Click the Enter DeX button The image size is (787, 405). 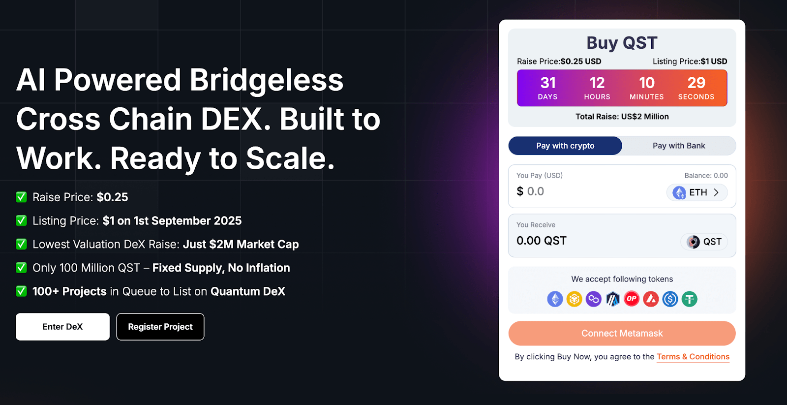coord(62,327)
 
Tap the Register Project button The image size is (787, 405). coord(160,327)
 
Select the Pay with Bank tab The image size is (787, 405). coord(679,146)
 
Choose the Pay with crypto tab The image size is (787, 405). coord(565,146)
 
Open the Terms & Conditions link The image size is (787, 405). coord(693,357)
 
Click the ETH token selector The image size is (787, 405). coord(696,192)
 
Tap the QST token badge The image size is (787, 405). coord(704,242)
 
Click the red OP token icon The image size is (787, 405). coord(632,299)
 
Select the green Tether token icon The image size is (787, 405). coord(689,299)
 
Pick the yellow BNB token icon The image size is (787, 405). coord(574,299)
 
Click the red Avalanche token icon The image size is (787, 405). coord(651,299)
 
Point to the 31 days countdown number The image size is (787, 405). coord(548,83)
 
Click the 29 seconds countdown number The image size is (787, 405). coord(696,83)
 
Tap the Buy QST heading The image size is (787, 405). coord(622,43)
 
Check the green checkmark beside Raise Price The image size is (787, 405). coord(22,197)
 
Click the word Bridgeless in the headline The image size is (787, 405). coord(266,80)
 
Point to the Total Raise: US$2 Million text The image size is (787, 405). coord(622,117)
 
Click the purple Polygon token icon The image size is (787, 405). coord(593,299)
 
